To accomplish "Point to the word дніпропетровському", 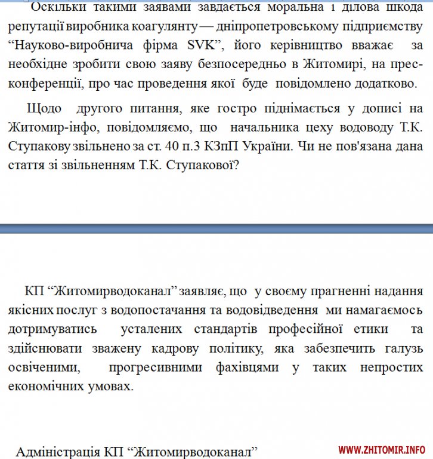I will point(271,27).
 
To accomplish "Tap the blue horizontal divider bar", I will point(216,228).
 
